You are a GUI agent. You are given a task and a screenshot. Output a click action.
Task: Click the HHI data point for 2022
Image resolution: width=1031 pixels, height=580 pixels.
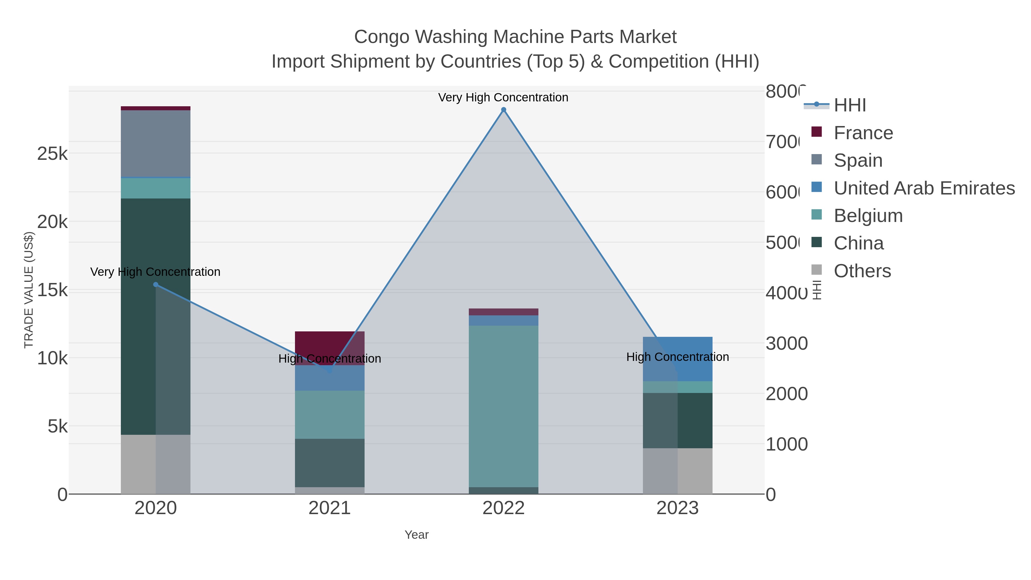pyautogui.click(x=503, y=110)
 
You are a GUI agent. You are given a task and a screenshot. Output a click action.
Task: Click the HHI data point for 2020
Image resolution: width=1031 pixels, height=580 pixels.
pyautogui.click(x=156, y=285)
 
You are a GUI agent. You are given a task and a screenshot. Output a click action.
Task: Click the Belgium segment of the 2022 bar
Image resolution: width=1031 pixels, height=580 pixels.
pyautogui.click(x=503, y=406)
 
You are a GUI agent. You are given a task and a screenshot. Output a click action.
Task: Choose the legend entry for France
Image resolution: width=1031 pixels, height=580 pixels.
pyautogui.click(x=863, y=133)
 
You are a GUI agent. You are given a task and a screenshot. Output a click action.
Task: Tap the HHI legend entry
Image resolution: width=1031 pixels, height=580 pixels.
pyautogui.click(x=850, y=105)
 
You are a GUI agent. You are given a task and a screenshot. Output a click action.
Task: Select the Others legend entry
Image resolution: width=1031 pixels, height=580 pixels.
pyautogui.click(x=862, y=271)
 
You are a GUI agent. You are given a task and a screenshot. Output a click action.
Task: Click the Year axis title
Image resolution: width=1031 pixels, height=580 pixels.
pyautogui.click(x=416, y=535)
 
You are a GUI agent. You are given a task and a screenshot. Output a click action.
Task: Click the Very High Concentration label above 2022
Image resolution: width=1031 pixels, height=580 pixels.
pyautogui.click(x=503, y=97)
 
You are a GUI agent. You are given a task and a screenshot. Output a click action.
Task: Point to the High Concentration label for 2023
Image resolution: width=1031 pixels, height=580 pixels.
pyautogui.click(x=677, y=357)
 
